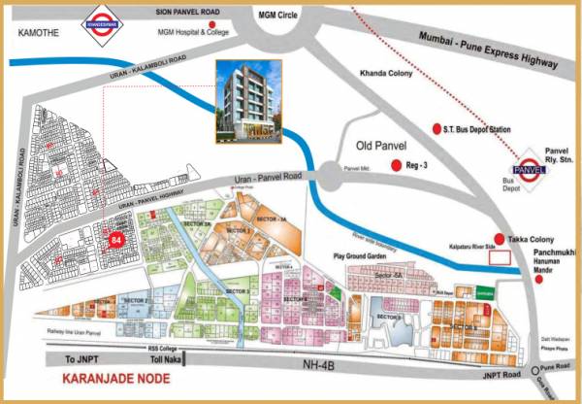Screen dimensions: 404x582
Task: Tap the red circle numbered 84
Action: click(x=118, y=239)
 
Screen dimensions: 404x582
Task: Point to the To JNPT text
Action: click(x=83, y=357)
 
